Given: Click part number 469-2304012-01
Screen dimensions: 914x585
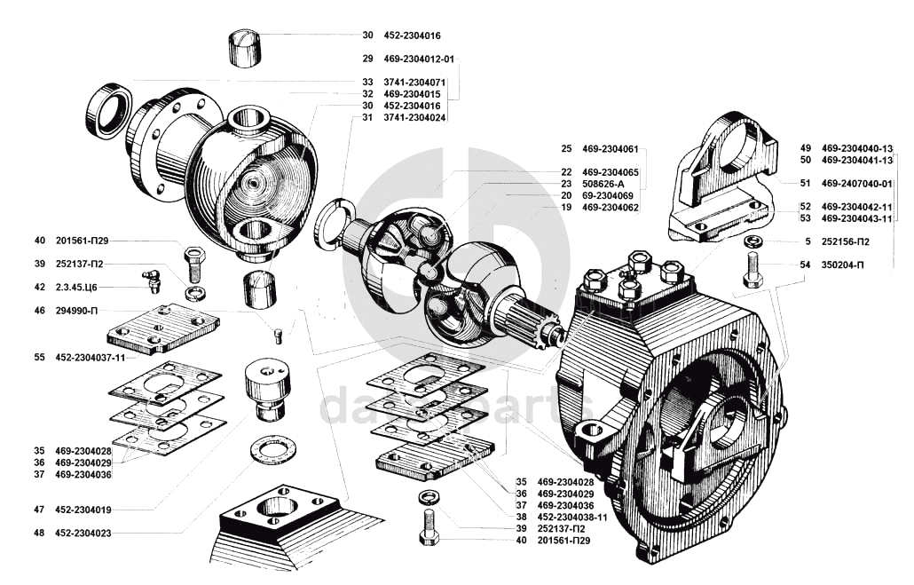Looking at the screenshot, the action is point(419,59).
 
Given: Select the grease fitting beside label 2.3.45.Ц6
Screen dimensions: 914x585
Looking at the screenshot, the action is point(151,281).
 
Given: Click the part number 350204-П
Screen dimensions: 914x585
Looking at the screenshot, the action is point(843,265).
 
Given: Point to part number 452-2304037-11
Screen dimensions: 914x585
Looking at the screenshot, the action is point(91,358).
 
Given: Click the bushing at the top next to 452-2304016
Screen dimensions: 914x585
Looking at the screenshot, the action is point(245,46).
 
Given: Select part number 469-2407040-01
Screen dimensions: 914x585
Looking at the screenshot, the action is point(857,183).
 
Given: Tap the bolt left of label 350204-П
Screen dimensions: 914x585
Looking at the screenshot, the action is point(752,270).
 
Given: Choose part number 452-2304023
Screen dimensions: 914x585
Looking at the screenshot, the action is point(83,533).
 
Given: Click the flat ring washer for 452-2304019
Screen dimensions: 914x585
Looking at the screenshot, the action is point(272,451).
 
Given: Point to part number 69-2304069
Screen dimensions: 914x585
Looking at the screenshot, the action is point(607,195).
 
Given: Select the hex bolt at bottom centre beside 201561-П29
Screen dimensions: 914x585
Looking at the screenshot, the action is point(429,527).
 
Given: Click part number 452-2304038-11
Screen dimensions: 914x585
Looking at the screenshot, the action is point(572,517).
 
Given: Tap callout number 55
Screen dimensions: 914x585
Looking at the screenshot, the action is point(39,358).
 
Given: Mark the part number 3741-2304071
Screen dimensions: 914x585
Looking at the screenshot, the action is point(414,83).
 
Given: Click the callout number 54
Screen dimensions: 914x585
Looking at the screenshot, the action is point(805,265).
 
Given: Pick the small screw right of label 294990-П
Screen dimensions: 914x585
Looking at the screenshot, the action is point(278,336).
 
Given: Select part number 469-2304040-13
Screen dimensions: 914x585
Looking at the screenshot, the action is point(857,148).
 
